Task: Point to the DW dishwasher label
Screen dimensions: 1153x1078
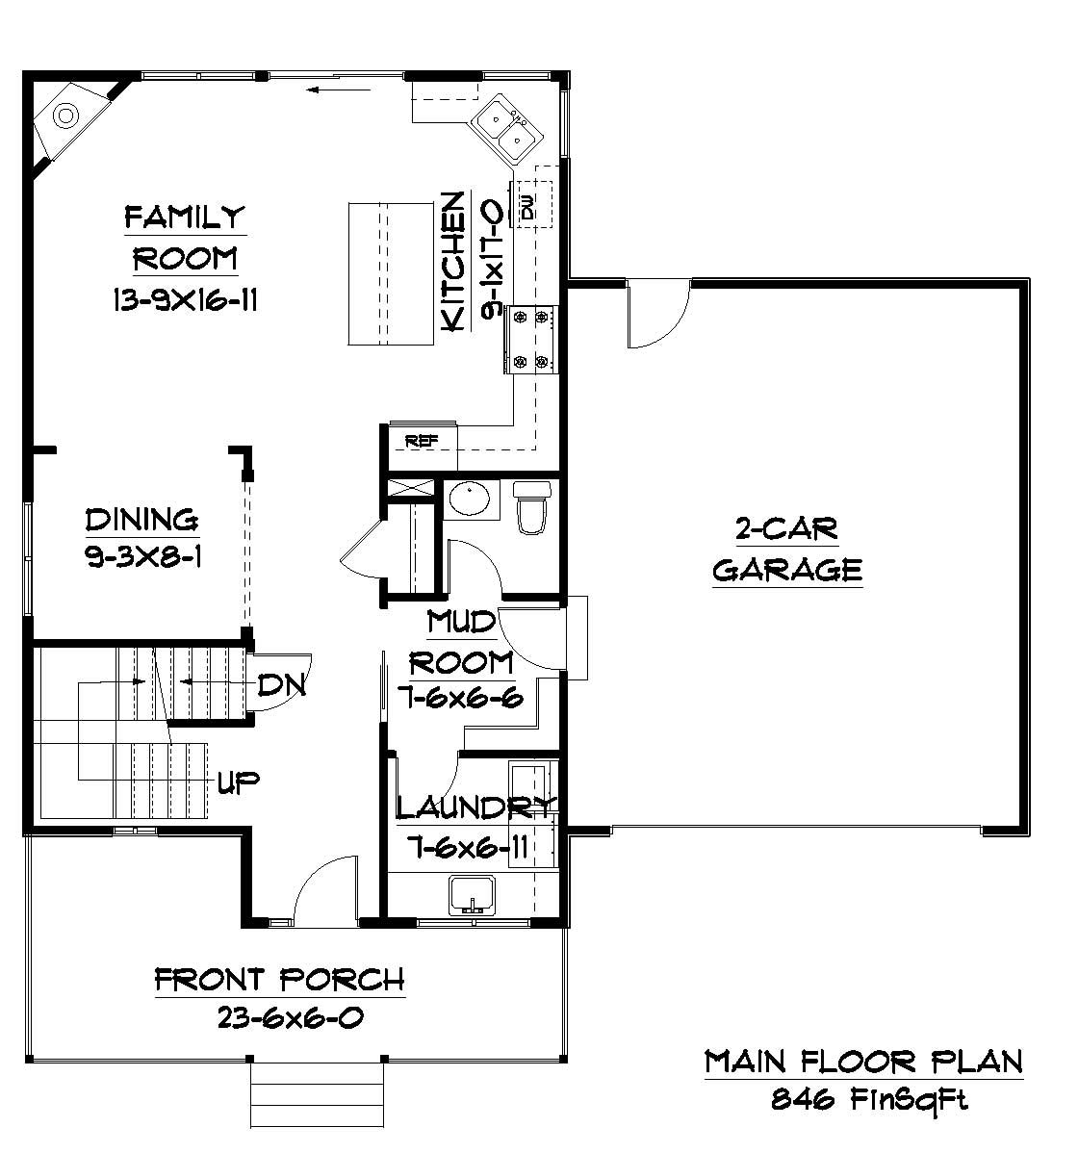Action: [527, 205]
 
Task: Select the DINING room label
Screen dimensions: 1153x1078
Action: [141, 520]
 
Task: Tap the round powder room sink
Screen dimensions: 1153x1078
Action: [470, 500]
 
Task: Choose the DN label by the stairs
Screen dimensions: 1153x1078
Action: [281, 685]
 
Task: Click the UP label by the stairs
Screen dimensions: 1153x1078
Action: [239, 781]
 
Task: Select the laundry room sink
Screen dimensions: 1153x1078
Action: [471, 895]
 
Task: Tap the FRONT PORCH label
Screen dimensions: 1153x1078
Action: [279, 980]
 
